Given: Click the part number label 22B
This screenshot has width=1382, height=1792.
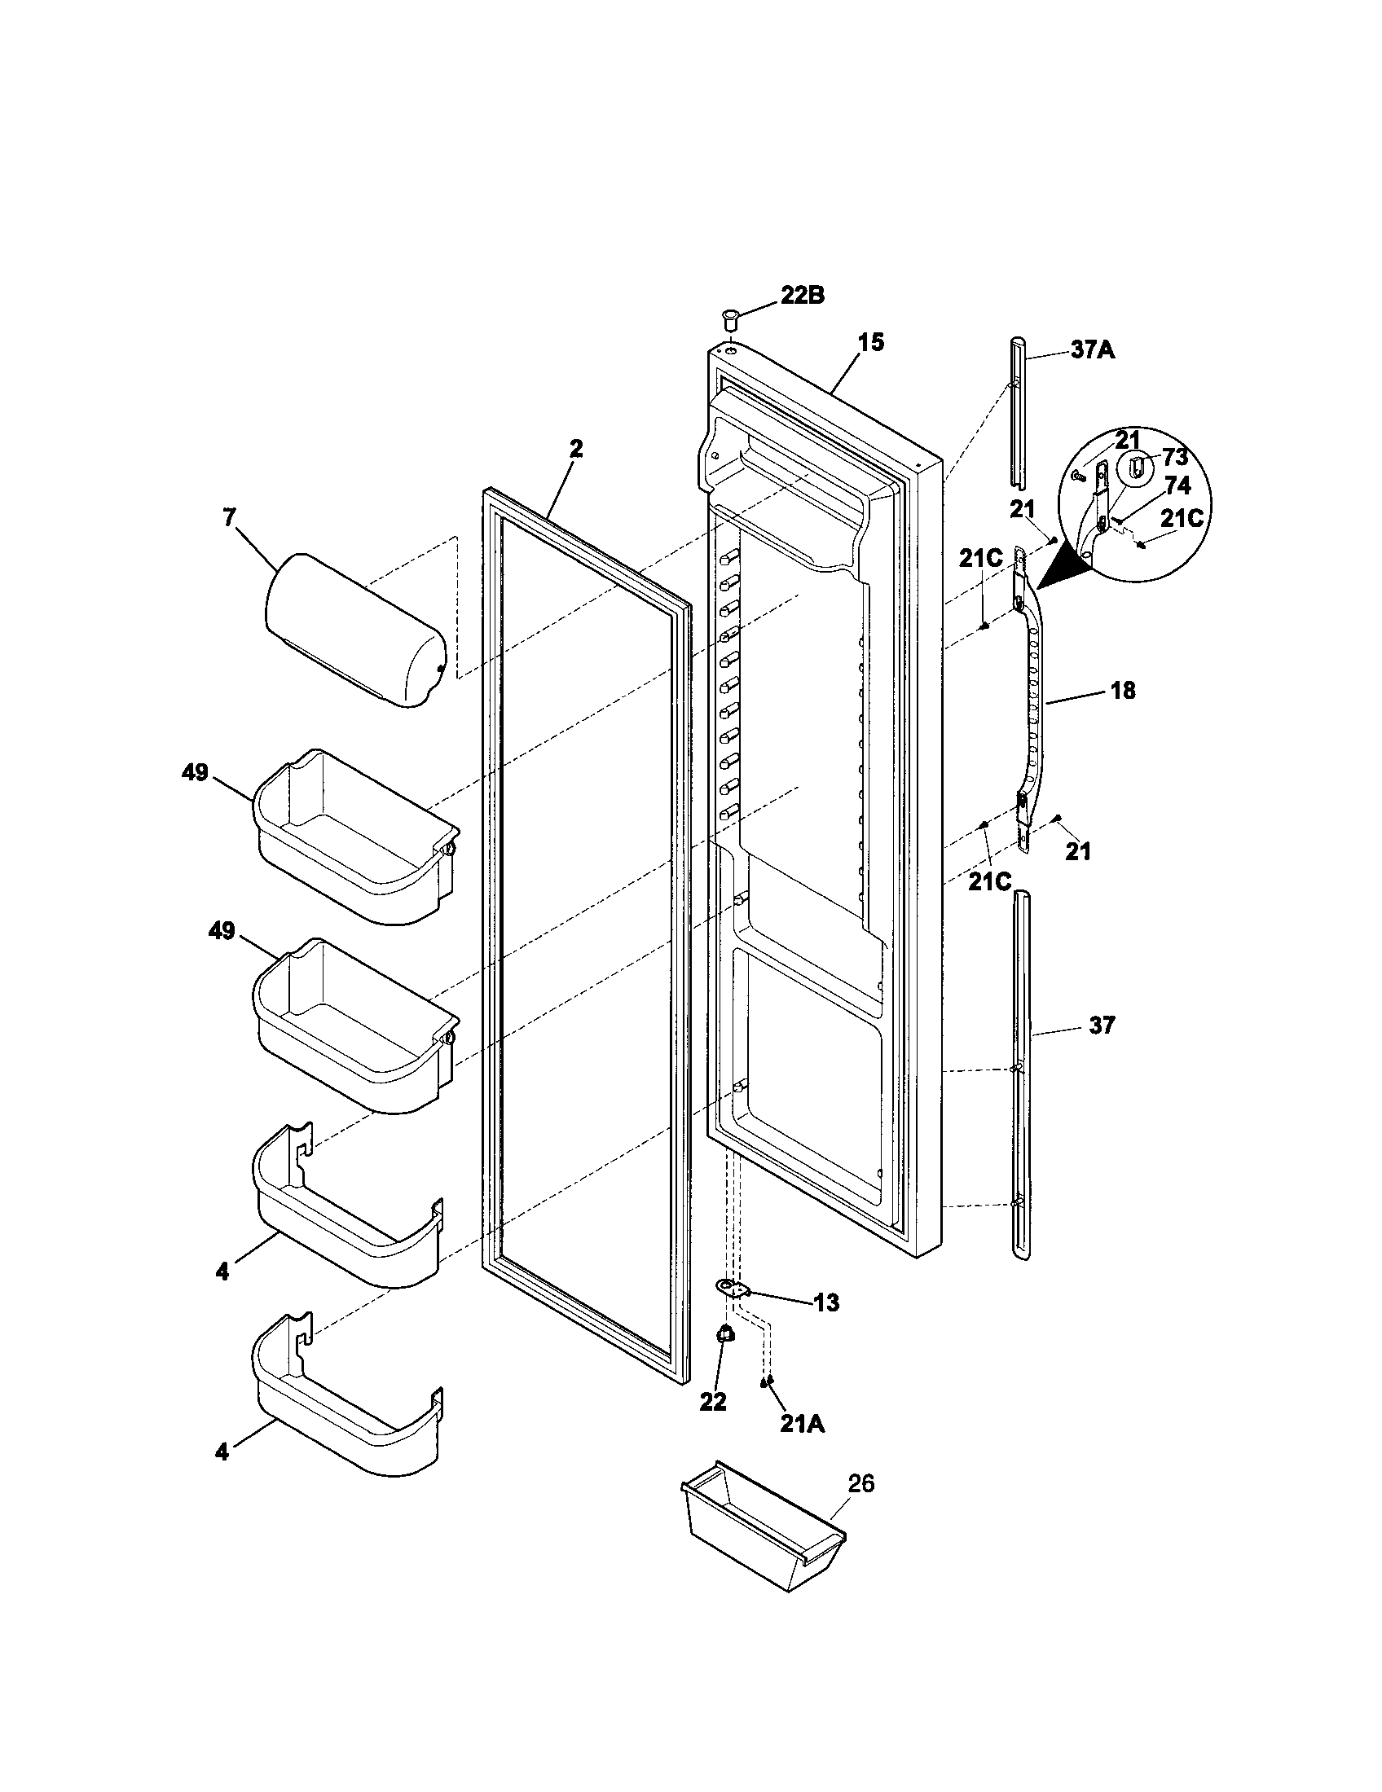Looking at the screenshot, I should point(802,296).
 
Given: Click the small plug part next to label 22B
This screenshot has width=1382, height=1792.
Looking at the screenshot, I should point(729,315).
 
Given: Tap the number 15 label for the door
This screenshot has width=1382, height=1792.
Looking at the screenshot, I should point(872,342).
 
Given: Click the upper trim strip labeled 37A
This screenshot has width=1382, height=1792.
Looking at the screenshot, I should point(1017,411).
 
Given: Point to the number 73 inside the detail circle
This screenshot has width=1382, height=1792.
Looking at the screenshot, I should point(1174,457).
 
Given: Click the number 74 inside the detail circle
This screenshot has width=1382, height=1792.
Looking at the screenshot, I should point(1176,485).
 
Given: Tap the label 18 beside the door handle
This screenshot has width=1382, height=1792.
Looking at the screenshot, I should point(1123,691).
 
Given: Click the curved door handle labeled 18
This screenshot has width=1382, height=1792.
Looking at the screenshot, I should point(1033,697).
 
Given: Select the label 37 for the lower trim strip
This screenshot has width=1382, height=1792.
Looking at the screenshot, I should point(1103,1025).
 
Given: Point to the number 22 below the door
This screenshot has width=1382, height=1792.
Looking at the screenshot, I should point(712,1402).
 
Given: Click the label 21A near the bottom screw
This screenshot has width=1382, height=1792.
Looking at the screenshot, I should point(802,1425).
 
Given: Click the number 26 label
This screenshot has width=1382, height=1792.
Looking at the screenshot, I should point(860,1483).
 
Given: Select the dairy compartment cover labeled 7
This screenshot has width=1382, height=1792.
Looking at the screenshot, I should point(354,630).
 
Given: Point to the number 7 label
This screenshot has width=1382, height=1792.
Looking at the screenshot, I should point(228,517).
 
